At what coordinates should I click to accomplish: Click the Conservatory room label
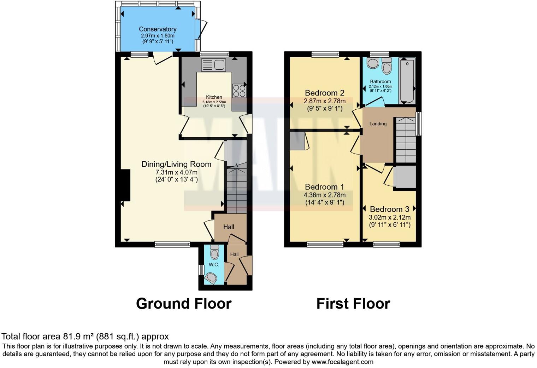pyautogui.click(x=158, y=29)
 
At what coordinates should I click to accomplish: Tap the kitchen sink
pyautogui.click(x=213, y=65)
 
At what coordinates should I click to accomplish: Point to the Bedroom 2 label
pyautogui.click(x=324, y=93)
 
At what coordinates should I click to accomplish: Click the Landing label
pyautogui.click(x=378, y=123)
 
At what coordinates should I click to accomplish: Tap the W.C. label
pyautogui.click(x=214, y=265)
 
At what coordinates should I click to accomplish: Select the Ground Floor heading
pyautogui.click(x=183, y=304)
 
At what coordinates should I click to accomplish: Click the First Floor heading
pyautogui.click(x=353, y=304)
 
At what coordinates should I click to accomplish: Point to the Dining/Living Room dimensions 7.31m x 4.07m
pyautogui.click(x=176, y=172)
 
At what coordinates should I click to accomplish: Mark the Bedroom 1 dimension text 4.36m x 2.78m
pyautogui.click(x=324, y=195)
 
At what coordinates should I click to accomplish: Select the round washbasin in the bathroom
pyautogui.click(x=372, y=63)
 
